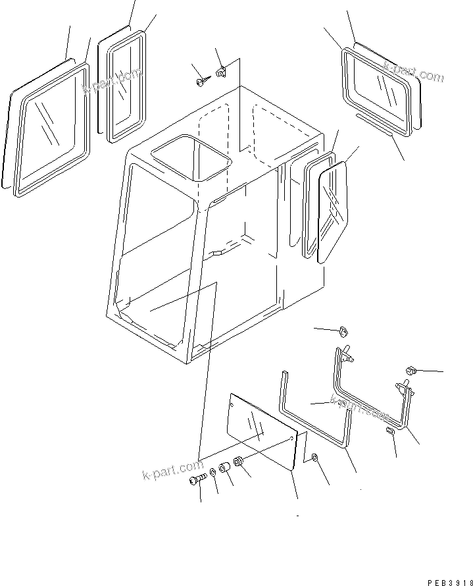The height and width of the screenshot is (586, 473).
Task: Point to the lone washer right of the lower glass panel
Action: coord(314,457)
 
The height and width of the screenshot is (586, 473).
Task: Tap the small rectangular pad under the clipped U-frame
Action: coord(390,431)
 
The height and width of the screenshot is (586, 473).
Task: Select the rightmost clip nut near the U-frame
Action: coord(410,371)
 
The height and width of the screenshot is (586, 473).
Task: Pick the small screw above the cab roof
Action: coord(200,82)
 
